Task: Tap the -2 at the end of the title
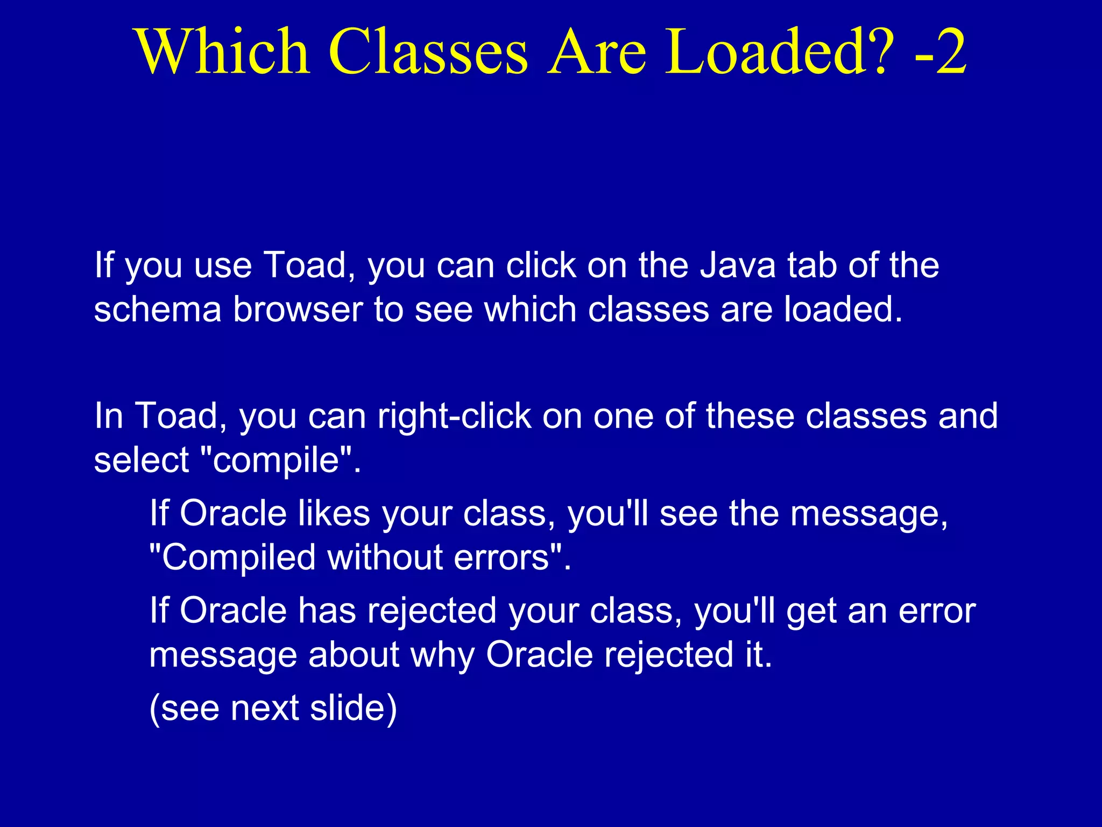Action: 940,52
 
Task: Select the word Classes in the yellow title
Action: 428,52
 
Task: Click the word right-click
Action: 454,416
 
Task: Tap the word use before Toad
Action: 223,266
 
